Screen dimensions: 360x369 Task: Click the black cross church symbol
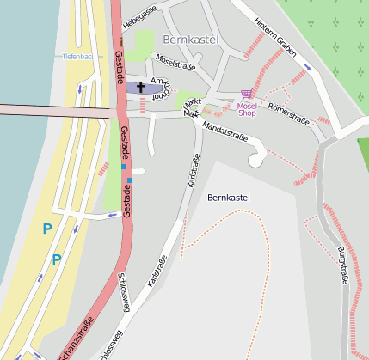[x=141, y=87]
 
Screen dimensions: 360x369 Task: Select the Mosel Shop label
[x=247, y=108]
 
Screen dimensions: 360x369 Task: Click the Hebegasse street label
[x=139, y=16]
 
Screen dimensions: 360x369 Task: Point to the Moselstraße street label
[x=174, y=62]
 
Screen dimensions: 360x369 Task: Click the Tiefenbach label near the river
[x=77, y=56]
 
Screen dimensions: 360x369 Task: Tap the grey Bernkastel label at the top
[x=190, y=40]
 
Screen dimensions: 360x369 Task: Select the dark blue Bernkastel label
[x=229, y=198]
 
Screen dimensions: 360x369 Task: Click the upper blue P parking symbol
[x=47, y=229]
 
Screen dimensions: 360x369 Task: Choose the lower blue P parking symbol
[x=57, y=259]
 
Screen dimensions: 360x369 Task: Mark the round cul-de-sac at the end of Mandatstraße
[x=256, y=159]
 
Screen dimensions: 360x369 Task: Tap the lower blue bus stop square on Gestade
[x=130, y=180]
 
